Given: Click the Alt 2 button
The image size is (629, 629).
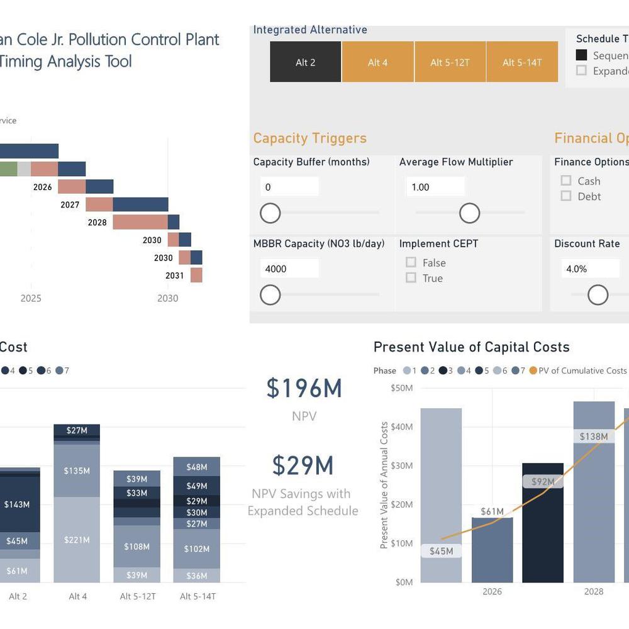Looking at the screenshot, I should tap(306, 62).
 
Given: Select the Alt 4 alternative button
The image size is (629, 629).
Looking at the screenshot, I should tap(377, 62).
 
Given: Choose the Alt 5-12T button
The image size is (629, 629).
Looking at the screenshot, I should tap(450, 62).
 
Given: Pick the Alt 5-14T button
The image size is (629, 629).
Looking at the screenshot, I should tap(522, 62).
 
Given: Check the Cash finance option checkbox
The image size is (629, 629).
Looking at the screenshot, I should tap(566, 181).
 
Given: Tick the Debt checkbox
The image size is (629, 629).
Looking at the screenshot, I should tap(566, 196).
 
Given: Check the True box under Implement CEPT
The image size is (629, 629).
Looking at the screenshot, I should tap(411, 278).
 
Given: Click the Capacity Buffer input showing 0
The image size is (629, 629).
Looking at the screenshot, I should tap(289, 187).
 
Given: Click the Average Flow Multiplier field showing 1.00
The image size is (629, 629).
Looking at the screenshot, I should tap(435, 187).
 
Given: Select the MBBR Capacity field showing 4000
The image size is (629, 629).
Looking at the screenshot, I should tap(289, 269).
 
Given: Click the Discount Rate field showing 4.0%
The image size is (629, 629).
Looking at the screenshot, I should tap(590, 269).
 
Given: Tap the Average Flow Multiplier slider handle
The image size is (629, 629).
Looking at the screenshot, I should tap(470, 213).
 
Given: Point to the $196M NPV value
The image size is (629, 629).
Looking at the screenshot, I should tap(304, 389).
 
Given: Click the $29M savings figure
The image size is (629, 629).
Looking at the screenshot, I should tap(303, 465).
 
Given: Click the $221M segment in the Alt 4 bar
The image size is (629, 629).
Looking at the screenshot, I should tap(77, 540).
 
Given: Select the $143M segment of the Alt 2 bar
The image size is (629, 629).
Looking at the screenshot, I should tap(16, 504).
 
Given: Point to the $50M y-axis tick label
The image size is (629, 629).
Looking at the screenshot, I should tap(401, 388).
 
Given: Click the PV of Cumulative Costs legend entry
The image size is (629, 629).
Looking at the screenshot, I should tap(579, 370).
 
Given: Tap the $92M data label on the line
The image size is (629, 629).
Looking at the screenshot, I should tap(543, 482).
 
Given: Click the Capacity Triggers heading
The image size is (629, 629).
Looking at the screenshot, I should tap(309, 138).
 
